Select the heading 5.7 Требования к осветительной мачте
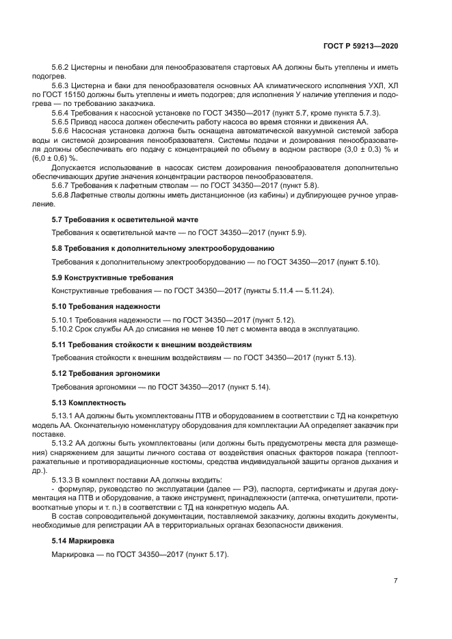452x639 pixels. (x=125, y=219)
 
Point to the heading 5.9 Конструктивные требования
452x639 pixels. (x=113, y=277)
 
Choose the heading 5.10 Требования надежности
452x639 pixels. (x=106, y=306)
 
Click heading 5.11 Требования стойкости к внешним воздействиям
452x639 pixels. (x=156, y=344)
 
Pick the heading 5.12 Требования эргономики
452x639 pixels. (x=106, y=373)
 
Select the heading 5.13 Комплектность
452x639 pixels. (x=89, y=402)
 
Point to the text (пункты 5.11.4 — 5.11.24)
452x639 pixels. (x=289, y=291)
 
